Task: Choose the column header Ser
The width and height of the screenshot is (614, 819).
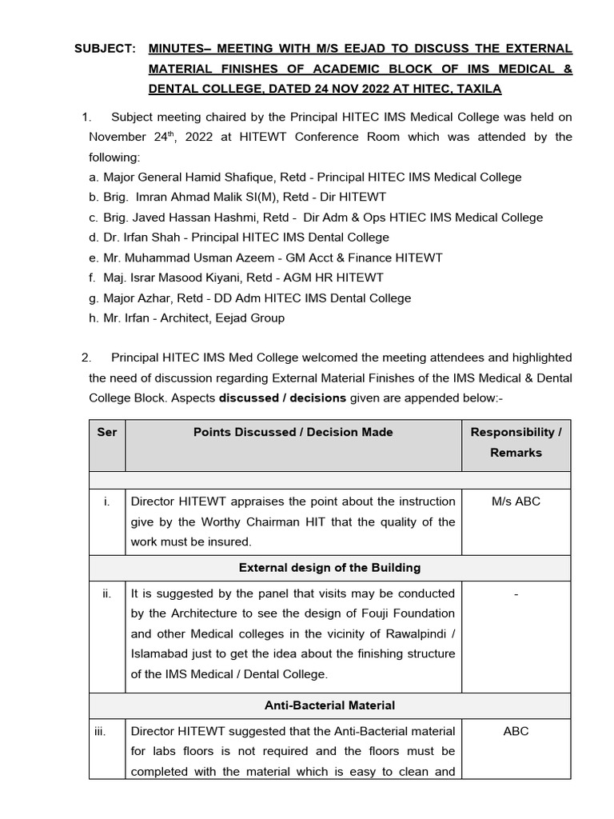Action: (107, 433)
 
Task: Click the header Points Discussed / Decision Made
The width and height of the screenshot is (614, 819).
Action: (293, 433)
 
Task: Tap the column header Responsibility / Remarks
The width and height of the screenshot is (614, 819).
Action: (516, 442)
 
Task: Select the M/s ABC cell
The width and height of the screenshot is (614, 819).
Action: (516, 501)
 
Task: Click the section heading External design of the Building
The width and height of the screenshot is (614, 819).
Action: (329, 568)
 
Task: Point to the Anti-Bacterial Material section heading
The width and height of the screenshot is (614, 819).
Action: (329, 705)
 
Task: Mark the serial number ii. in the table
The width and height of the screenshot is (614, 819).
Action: (107, 593)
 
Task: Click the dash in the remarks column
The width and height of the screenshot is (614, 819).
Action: (516, 593)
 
